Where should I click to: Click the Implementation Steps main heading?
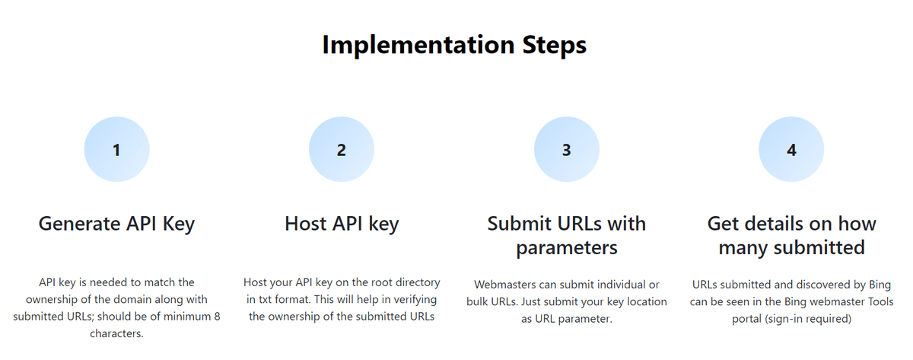(x=454, y=45)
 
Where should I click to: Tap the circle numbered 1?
(x=116, y=149)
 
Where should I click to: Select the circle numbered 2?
(x=342, y=149)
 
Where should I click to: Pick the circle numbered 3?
(x=567, y=149)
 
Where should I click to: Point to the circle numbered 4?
(x=791, y=149)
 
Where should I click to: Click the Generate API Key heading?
(x=116, y=225)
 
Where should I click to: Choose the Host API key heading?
(x=342, y=225)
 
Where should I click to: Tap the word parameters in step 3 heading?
(x=567, y=248)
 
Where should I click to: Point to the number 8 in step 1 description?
(x=217, y=317)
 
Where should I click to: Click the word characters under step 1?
(x=116, y=333)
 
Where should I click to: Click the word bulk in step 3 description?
(x=477, y=301)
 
